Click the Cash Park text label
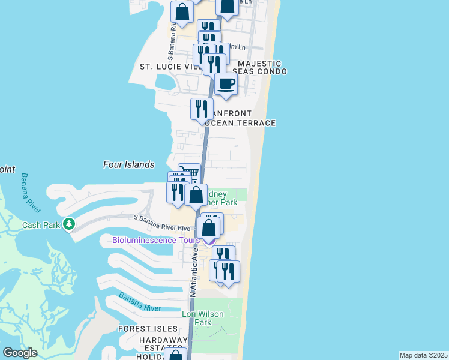pos(40,226)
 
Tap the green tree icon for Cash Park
pos(70,224)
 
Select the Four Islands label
pos(129,164)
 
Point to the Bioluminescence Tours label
pos(156,241)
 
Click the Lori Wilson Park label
pos(203,318)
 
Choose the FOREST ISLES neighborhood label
pos(148,329)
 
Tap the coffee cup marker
pos(226,85)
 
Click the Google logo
pos(20,352)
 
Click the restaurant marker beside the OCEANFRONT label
pos(202,109)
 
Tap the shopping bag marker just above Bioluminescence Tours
pos(209,228)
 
